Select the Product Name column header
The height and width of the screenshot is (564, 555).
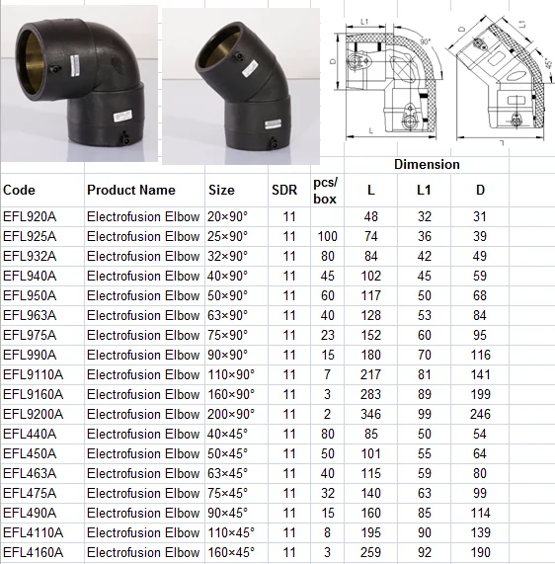tap(130, 191)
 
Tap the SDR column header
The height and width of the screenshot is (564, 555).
tap(283, 191)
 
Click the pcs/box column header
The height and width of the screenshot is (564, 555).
tap(325, 191)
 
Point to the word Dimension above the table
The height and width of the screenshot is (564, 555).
tap(427, 164)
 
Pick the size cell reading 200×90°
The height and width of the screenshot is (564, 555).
tap(231, 414)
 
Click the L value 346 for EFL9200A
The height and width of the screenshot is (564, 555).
tap(370, 414)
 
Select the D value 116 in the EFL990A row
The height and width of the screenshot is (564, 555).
tap(480, 355)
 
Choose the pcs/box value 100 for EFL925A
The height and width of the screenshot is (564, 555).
tap(328, 236)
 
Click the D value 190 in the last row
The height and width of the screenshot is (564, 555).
tap(480, 552)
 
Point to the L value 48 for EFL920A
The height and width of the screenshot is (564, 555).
tap(370, 216)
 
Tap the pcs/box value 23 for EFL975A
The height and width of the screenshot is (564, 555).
tap(328, 335)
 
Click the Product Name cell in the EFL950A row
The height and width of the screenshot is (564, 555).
tap(142, 295)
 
